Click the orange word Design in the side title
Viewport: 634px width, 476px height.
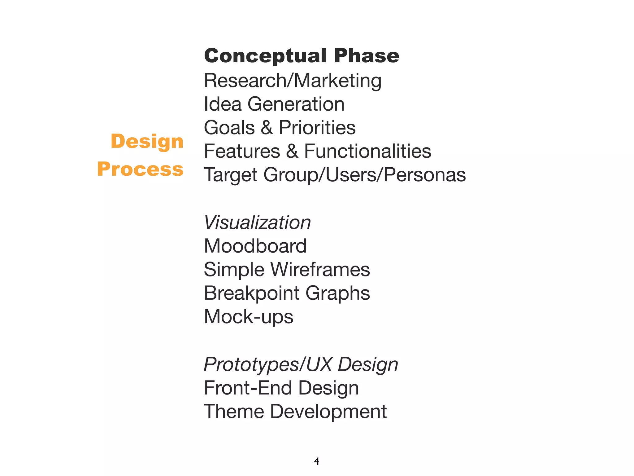click(x=147, y=142)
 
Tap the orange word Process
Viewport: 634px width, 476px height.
click(x=141, y=170)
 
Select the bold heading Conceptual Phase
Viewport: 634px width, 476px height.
click(x=302, y=56)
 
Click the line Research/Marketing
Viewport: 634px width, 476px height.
click(x=293, y=81)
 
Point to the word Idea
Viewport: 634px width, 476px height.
click(x=222, y=104)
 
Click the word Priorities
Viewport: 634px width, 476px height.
click(x=317, y=128)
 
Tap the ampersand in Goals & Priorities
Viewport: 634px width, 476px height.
click(x=267, y=128)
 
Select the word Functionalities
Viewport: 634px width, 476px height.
click(x=367, y=151)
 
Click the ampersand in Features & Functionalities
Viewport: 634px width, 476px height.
click(x=292, y=151)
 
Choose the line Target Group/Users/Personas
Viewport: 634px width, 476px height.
click(x=335, y=175)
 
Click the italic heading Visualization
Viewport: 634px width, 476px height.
click(x=257, y=223)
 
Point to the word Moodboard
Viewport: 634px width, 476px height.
click(x=255, y=246)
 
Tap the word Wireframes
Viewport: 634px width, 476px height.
click(x=320, y=270)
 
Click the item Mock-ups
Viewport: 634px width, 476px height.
click(x=249, y=317)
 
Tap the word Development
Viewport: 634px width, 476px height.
click(x=328, y=412)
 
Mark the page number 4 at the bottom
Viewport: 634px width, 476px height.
click(x=316, y=461)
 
